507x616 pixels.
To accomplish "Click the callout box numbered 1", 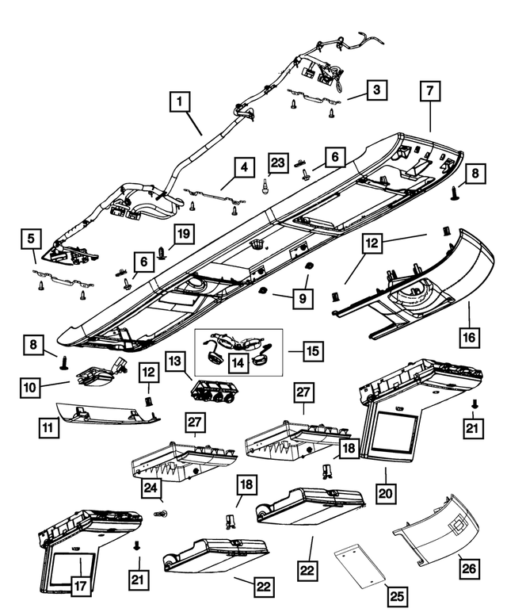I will point(181,101).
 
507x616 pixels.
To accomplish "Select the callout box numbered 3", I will point(376,90).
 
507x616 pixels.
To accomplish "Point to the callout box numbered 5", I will point(30,237).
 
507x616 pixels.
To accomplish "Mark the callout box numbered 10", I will point(31,388).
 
